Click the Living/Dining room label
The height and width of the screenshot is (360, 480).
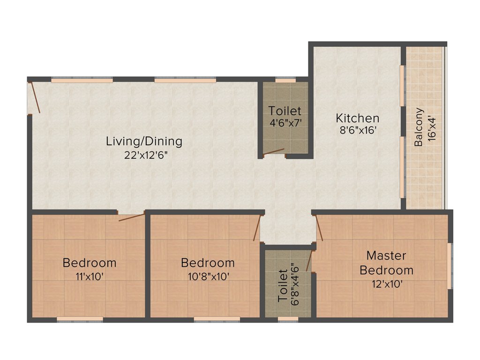click(x=144, y=141)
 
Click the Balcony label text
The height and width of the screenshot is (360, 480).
click(x=419, y=127)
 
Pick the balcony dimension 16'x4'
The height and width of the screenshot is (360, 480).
click(x=432, y=127)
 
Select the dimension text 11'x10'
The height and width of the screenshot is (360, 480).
click(x=89, y=277)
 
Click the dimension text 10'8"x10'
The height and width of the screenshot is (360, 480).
click(x=208, y=277)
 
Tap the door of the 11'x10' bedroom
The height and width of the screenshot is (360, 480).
click(x=131, y=217)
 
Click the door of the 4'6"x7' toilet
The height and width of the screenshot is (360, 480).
click(x=274, y=152)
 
